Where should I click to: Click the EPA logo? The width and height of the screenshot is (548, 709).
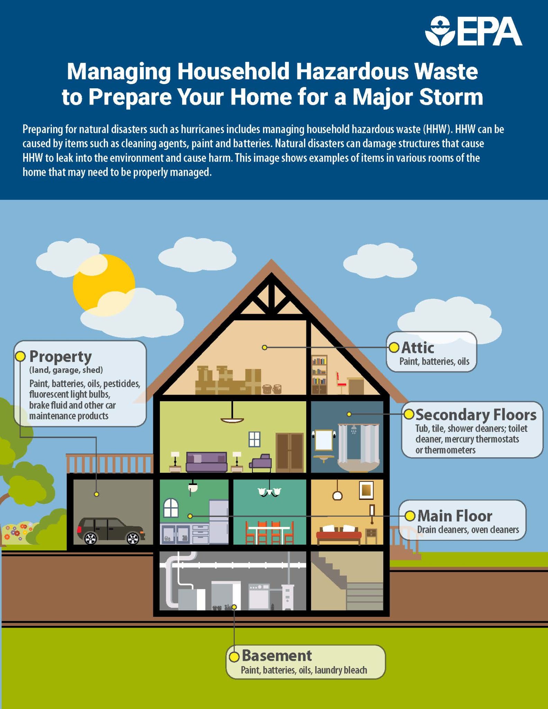(x=474, y=31)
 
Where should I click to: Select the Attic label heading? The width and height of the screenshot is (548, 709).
(x=417, y=348)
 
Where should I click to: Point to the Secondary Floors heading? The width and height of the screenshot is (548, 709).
(x=476, y=414)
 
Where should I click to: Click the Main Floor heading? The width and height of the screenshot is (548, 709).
(x=455, y=516)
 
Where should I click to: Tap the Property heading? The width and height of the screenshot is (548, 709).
(x=60, y=356)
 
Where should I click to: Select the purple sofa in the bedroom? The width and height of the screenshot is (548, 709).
(x=206, y=462)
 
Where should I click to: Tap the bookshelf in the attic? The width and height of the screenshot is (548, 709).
(x=319, y=375)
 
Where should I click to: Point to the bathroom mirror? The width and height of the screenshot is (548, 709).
(x=324, y=440)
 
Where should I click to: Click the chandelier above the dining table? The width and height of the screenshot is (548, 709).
(x=269, y=492)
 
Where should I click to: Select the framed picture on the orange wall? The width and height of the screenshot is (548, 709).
(x=366, y=490)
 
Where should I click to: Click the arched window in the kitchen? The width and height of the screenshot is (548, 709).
(x=171, y=508)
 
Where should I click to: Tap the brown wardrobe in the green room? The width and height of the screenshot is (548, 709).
(x=289, y=452)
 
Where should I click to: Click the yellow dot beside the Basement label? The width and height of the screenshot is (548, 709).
(x=234, y=656)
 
